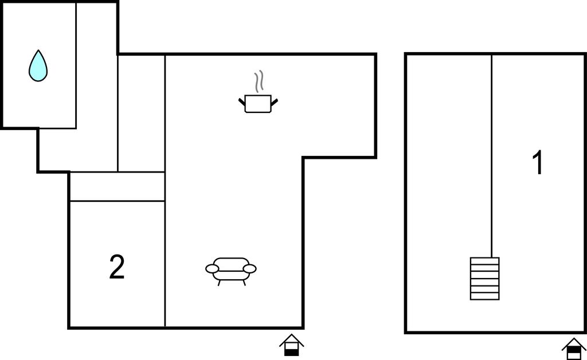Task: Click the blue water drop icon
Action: point(38,66)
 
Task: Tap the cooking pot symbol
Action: point(258,104)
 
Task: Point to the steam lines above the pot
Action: point(259,81)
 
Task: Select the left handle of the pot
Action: point(242,101)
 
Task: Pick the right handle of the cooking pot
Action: point(275,101)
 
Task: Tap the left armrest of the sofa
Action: point(212,268)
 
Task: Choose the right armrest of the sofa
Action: point(250,268)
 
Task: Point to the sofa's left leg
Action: point(219,283)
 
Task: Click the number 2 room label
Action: point(117,267)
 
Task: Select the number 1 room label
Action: point(538,162)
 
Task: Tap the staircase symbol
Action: point(485,279)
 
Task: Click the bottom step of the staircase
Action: point(485,296)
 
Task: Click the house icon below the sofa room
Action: point(291,345)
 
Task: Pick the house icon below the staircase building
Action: point(574,349)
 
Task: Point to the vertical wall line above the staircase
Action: point(491,156)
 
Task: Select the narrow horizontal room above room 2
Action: point(118,186)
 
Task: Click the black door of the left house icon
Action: point(291,351)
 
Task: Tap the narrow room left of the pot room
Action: point(142,114)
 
